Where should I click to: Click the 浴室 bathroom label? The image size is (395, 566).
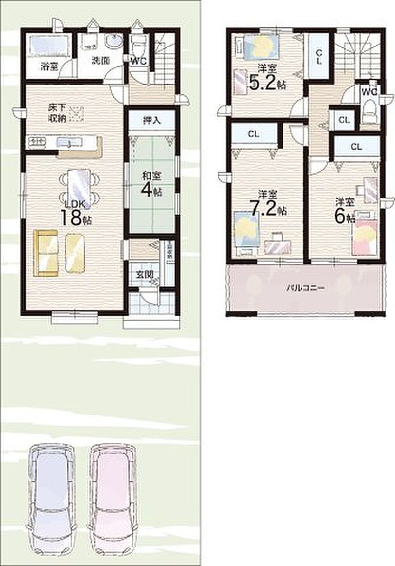(x=50, y=65)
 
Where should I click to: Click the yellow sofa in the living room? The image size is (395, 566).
(x=47, y=252)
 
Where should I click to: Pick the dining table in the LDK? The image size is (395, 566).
(x=78, y=186)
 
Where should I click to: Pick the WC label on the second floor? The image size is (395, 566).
(x=370, y=91)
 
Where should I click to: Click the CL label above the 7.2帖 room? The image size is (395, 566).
(x=253, y=134)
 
